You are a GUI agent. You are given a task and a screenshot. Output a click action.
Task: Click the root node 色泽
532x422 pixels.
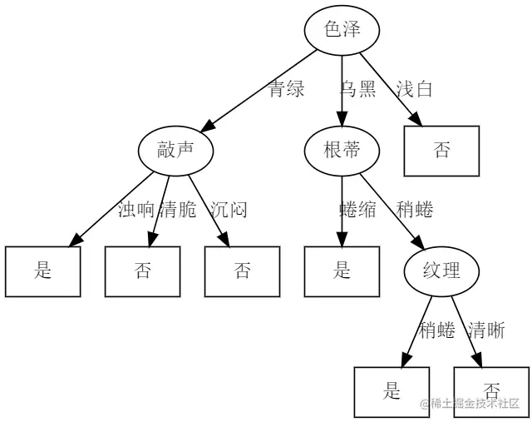pyautogui.click(x=342, y=30)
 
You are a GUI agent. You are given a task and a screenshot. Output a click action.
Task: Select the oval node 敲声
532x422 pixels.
pyautogui.click(x=175, y=150)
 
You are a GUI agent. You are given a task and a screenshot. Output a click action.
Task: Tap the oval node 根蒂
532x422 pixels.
pyautogui.click(x=342, y=150)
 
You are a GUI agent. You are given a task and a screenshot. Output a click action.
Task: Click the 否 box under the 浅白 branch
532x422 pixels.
pyautogui.click(x=441, y=151)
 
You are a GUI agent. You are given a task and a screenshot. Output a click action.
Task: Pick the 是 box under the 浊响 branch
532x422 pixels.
pyautogui.click(x=43, y=271)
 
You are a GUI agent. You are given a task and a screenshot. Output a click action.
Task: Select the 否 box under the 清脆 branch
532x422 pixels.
pyautogui.click(x=143, y=271)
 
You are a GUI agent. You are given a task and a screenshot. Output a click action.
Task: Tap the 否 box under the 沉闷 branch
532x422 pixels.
pyautogui.click(x=243, y=271)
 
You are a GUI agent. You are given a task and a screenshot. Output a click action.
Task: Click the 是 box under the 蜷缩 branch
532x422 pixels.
pyautogui.click(x=342, y=271)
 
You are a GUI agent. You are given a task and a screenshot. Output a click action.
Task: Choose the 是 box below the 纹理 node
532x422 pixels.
pyautogui.click(x=392, y=391)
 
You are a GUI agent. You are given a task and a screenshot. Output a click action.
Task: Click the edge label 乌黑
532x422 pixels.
pyautogui.click(x=358, y=90)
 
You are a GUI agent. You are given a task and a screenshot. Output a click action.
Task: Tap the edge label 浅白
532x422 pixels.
pyautogui.click(x=414, y=90)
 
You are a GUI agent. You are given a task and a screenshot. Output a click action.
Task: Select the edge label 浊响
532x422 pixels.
pyautogui.click(x=136, y=210)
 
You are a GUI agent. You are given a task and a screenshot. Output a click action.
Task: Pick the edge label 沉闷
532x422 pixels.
pyautogui.click(x=229, y=210)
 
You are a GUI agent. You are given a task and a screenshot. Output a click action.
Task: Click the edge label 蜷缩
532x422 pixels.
pyautogui.click(x=358, y=210)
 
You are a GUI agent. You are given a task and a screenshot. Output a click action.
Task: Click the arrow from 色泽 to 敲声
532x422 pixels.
pyautogui.click(x=258, y=91)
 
